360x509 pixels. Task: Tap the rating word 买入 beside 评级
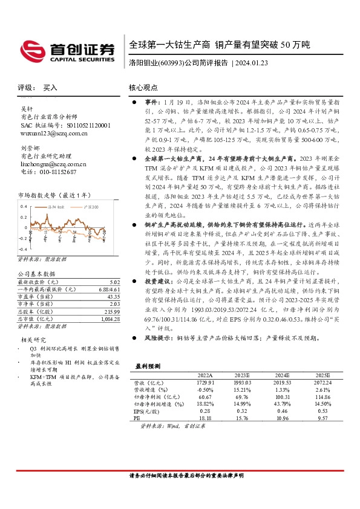click(x=50, y=88)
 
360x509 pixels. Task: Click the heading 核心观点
click(x=143, y=88)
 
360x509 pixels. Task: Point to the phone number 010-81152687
click(x=58, y=172)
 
